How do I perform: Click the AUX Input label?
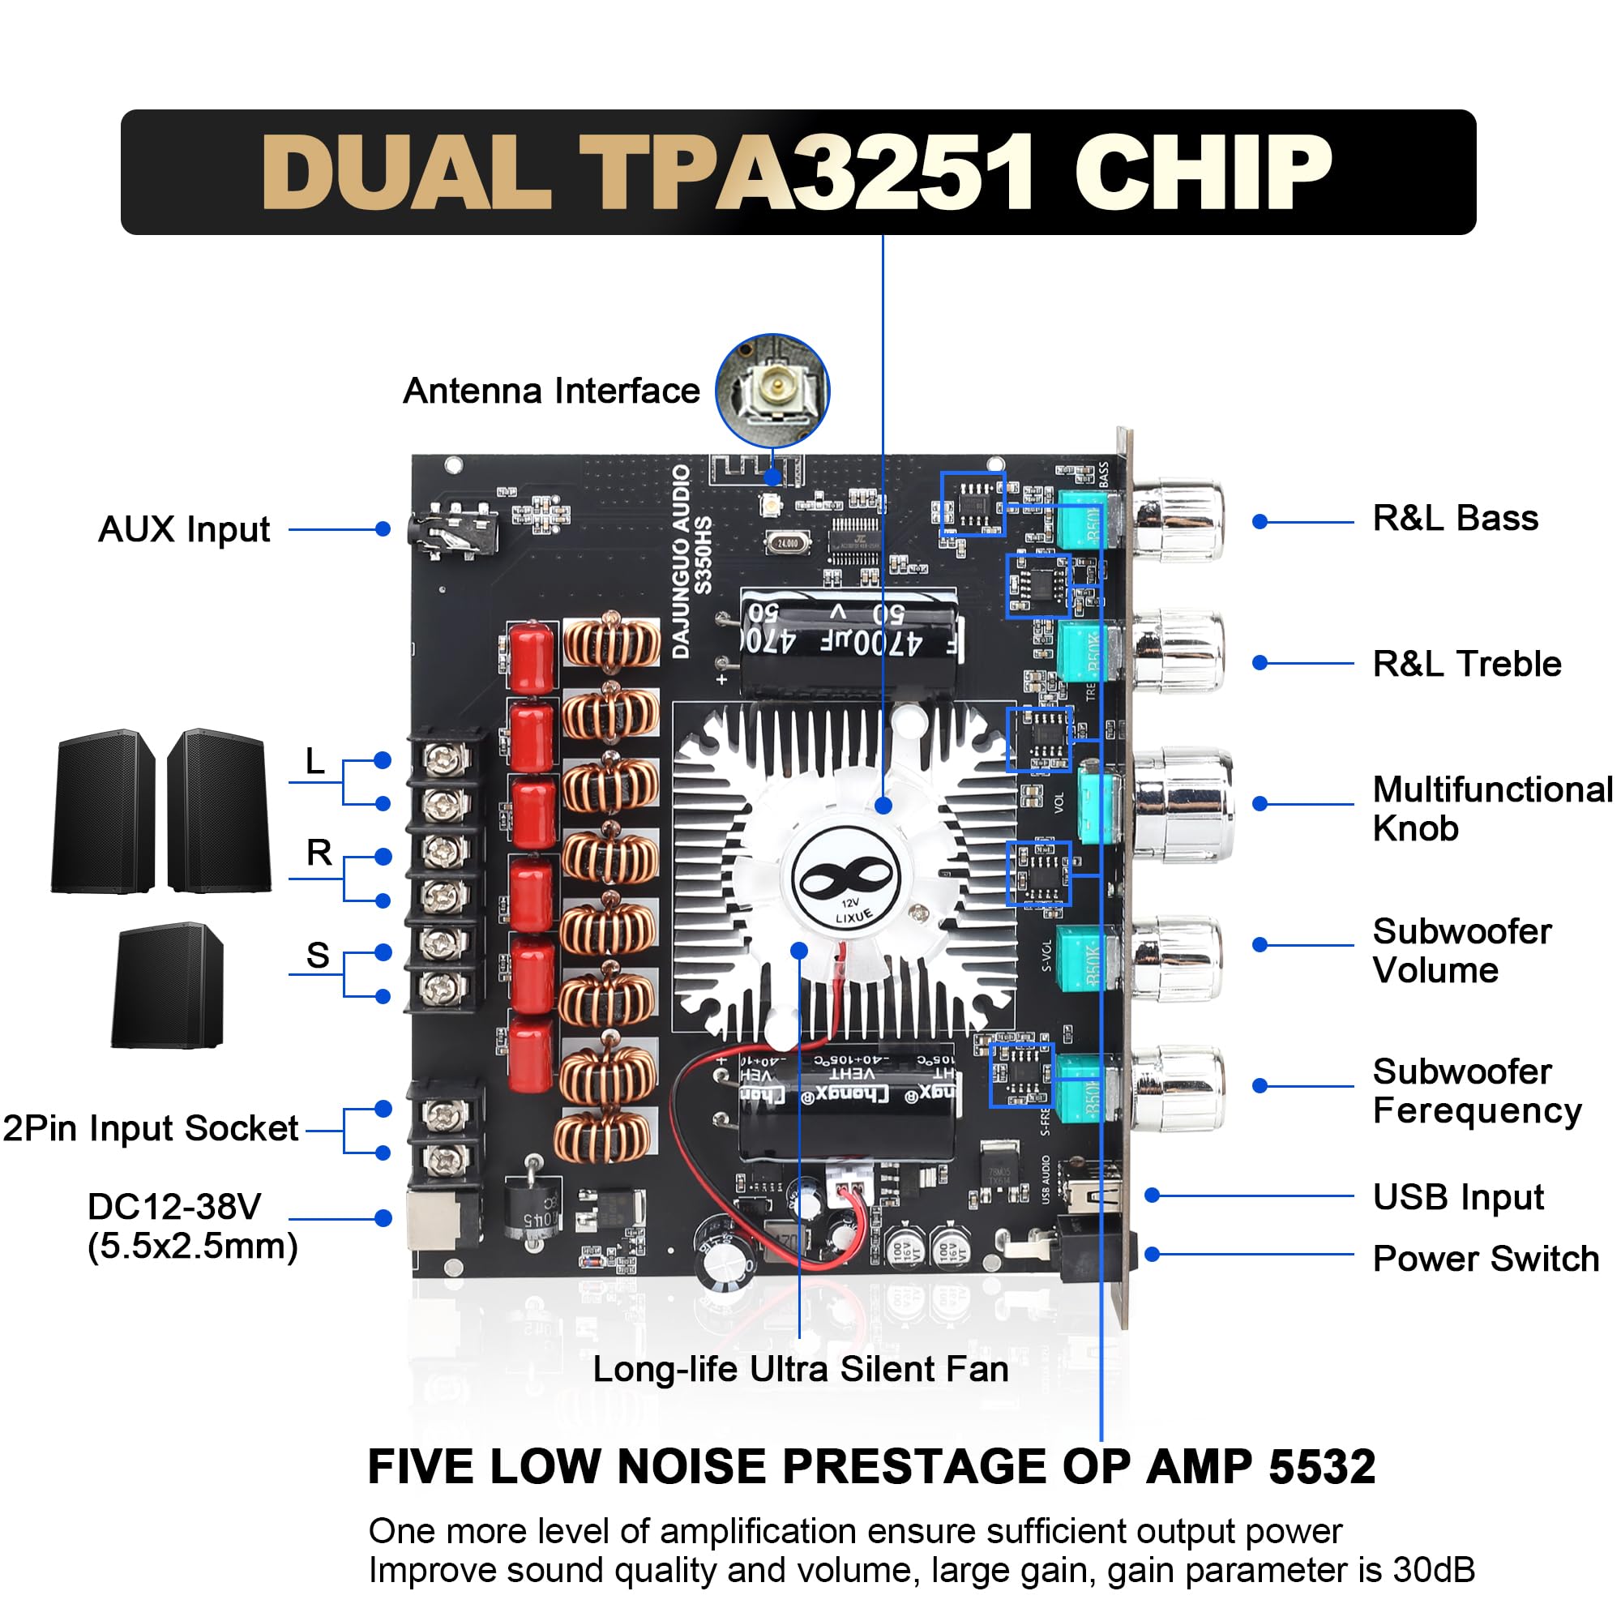pyautogui.click(x=184, y=529)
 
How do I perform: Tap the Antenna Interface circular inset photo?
pyautogui.click(x=772, y=390)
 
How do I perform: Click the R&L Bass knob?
pyautogui.click(x=1178, y=520)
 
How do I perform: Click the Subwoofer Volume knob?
pyautogui.click(x=1178, y=957)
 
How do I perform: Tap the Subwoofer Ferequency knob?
pyautogui.click(x=1178, y=1089)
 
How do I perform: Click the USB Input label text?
pyautogui.click(x=1457, y=1196)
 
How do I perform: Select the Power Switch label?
pyautogui.click(x=1485, y=1259)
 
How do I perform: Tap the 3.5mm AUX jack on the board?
pyautogui.click(x=453, y=531)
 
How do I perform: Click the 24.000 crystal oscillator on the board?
pyautogui.click(x=787, y=543)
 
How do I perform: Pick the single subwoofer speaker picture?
pyautogui.click(x=168, y=985)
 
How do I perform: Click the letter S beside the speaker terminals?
pyautogui.click(x=317, y=955)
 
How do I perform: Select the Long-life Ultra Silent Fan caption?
pyautogui.click(x=800, y=1368)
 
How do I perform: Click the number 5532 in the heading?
pyautogui.click(x=1321, y=1465)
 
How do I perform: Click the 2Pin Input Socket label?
pyautogui.click(x=150, y=1127)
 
